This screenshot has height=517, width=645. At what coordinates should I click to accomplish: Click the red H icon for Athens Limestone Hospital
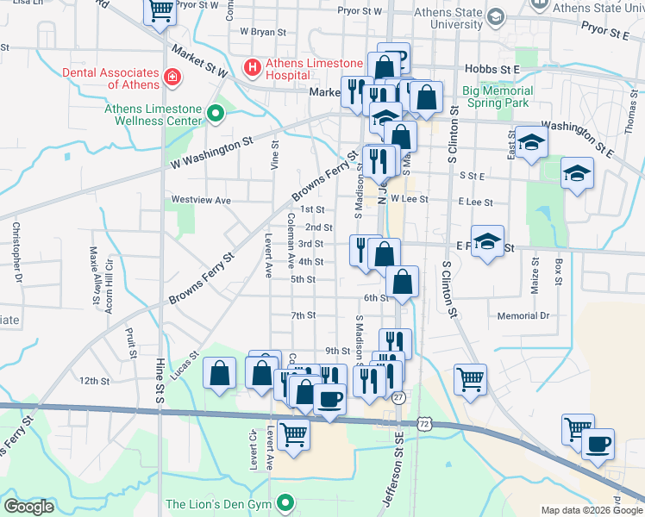(253, 65)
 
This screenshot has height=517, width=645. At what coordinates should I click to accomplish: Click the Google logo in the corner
(28, 506)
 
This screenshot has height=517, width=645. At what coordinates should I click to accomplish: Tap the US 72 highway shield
(423, 424)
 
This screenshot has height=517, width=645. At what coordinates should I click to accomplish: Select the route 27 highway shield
(398, 396)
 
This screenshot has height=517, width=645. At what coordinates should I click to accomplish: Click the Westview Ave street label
(201, 200)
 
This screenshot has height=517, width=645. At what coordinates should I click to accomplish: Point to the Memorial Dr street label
(523, 316)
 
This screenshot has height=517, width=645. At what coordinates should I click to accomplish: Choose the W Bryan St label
(262, 31)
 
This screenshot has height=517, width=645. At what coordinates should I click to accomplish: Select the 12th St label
(94, 380)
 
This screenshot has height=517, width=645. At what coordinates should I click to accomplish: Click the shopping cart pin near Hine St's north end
(160, 11)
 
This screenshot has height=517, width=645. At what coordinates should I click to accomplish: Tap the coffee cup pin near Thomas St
(598, 445)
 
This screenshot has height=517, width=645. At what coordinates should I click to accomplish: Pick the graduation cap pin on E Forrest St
(487, 243)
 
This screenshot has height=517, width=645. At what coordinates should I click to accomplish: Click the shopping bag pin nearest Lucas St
(220, 373)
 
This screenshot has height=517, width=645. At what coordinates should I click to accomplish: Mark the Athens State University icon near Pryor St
(496, 16)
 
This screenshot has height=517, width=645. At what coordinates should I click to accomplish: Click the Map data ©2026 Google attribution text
(592, 510)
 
